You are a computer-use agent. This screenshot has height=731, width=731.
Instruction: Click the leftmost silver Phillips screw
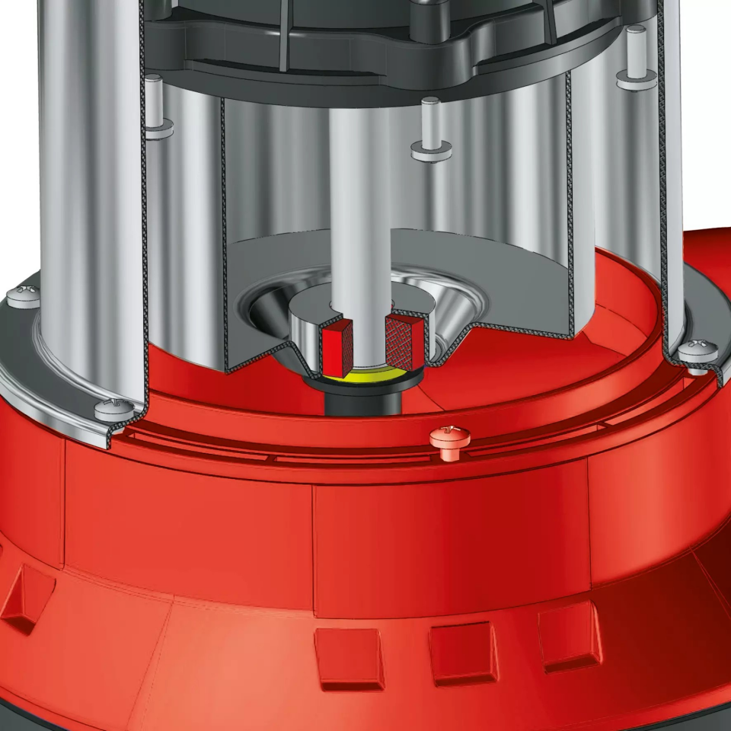[x=23, y=294]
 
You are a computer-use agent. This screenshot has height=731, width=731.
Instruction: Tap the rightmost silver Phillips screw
[x=697, y=352]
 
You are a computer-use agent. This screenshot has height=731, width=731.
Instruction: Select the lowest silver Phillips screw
[x=112, y=408]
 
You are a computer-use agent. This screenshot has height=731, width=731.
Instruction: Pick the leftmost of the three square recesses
[x=350, y=658]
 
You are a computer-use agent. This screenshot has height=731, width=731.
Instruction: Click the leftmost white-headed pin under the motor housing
[x=157, y=107]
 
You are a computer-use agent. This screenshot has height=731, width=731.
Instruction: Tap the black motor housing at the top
[x=381, y=46]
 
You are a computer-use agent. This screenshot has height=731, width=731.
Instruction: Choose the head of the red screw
[x=450, y=436]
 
